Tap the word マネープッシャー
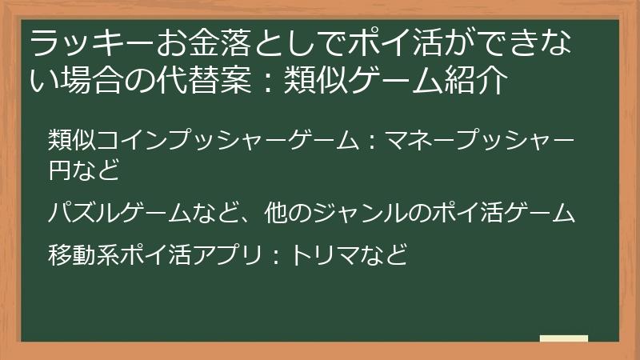[479, 141]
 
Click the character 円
[60, 170]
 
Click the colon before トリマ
[274, 257]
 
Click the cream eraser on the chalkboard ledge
[563, 338]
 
